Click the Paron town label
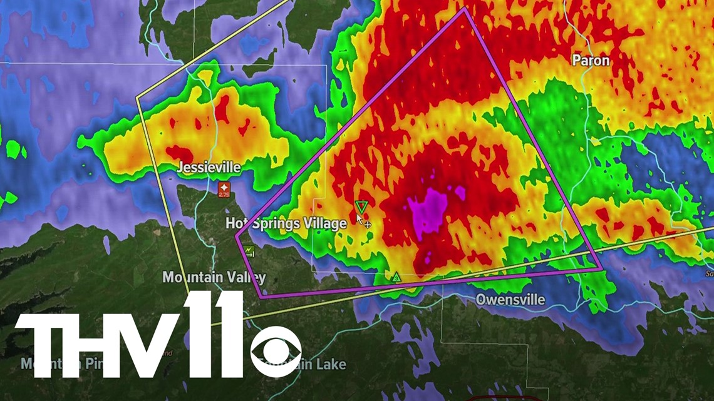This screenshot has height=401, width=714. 591,61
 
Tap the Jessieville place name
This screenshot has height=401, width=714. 209,168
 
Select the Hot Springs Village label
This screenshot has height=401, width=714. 286,223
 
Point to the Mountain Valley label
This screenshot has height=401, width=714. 214,277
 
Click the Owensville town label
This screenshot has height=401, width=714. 510,300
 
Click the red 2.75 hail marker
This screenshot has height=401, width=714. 224,190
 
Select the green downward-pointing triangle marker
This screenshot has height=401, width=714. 361,206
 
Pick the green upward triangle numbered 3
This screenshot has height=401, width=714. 396,277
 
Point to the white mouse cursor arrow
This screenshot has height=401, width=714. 359,218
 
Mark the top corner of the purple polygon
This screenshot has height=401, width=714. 465,9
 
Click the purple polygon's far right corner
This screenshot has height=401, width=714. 602,270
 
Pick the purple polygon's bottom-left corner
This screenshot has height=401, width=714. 261,297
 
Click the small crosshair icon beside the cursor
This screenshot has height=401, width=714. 368,224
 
